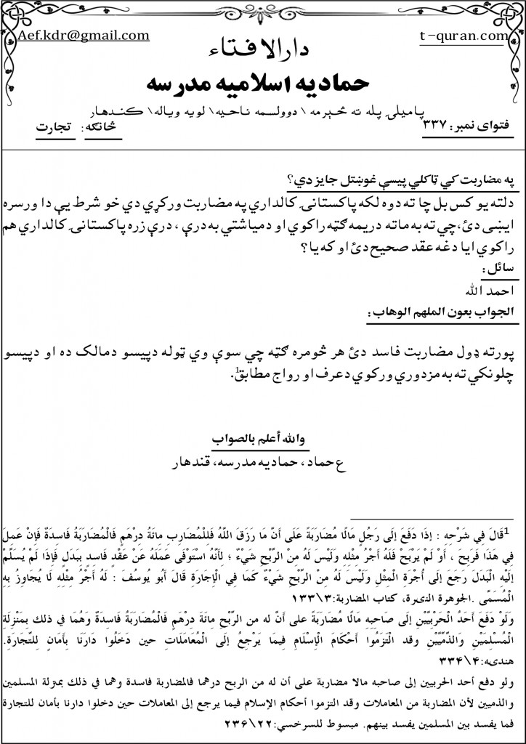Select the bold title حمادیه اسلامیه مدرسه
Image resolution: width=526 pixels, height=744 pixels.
click(264, 81)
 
